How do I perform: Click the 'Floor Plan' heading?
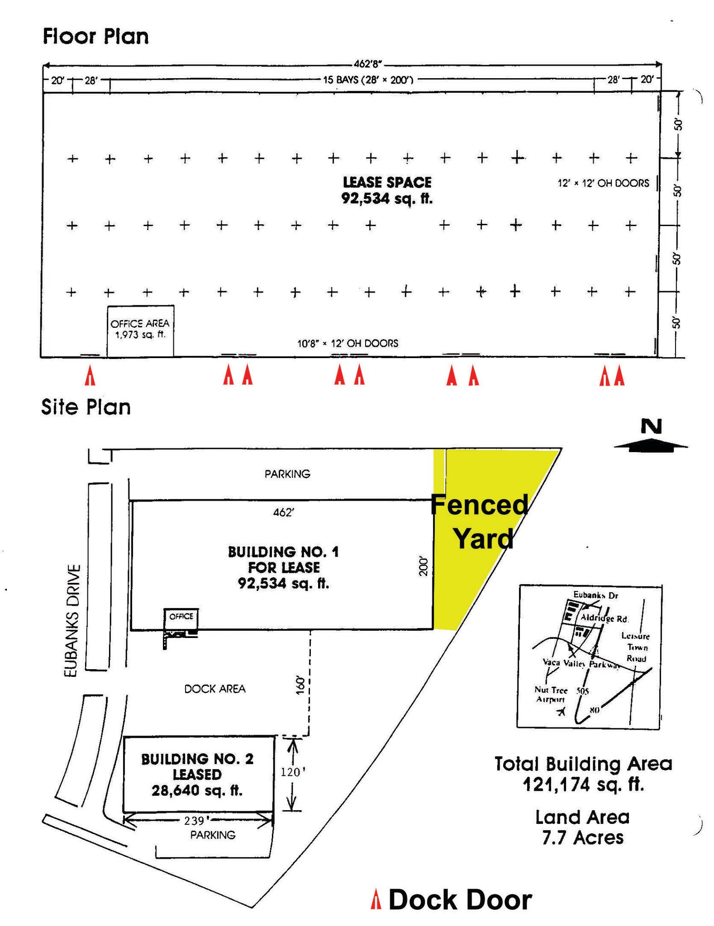tap(95, 36)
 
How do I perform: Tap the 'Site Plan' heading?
tap(86, 407)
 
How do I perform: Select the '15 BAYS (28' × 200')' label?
tap(368, 80)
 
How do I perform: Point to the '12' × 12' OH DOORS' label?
tap(603, 183)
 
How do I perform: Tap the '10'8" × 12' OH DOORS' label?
tap(347, 343)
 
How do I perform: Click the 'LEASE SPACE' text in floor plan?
tap(387, 182)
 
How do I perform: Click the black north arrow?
tap(651, 445)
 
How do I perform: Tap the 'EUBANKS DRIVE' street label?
tap(72, 620)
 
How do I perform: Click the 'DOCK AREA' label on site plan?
tap(215, 689)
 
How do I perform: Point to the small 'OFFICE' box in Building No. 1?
tap(181, 617)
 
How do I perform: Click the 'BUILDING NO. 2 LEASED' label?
tap(197, 766)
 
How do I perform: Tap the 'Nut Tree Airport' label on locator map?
tap(551, 694)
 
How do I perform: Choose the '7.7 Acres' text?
tap(583, 837)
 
